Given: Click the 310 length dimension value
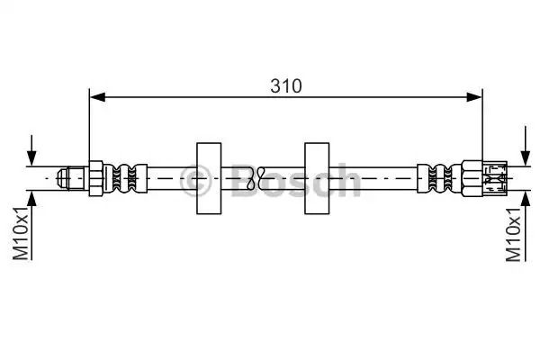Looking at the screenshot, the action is click(286, 86).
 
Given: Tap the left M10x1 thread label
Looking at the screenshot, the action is click(21, 234).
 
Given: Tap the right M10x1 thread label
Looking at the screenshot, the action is click(514, 235).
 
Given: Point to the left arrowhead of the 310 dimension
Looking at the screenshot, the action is click(97, 97).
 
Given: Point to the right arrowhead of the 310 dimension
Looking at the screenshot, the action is click(474, 97).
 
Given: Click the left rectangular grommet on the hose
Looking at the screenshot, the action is click(209, 178).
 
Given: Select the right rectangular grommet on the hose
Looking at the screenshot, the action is click(317, 178).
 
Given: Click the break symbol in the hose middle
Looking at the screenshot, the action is click(256, 178).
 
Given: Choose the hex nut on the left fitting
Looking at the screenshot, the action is click(96, 178).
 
